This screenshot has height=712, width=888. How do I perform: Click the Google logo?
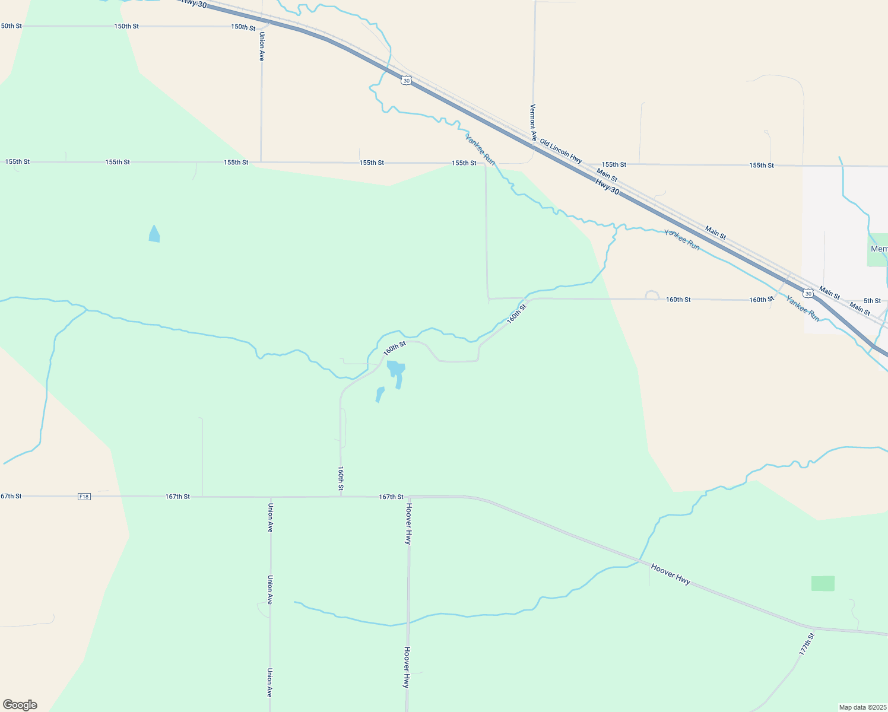coord(20,704)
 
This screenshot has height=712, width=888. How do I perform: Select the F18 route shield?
coord(84,497)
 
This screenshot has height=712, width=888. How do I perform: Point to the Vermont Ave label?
coord(533,122)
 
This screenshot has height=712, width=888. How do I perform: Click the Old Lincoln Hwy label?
coord(561,152)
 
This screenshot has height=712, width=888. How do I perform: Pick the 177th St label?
coord(807,644)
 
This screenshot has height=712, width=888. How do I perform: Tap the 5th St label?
coord(872,301)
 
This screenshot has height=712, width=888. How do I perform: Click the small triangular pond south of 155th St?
coord(154,234)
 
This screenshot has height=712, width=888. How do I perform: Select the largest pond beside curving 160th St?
coord(397,371)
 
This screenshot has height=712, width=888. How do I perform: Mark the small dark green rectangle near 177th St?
coord(823,583)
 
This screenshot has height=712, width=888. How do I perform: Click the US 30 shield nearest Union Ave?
coord(406,80)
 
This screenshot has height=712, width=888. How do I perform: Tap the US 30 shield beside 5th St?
coord(808,293)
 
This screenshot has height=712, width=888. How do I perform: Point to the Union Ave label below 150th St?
coord(262,46)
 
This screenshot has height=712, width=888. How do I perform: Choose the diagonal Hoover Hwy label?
coord(671,574)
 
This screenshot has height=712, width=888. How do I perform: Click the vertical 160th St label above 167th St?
coord(341,478)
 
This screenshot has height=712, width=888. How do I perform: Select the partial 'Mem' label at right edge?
coord(879,249)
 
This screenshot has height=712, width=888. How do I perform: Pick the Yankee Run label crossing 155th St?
coord(480,150)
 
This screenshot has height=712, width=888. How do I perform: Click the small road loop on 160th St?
coord(652,294)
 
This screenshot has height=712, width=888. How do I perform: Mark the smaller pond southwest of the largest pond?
coord(380,394)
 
